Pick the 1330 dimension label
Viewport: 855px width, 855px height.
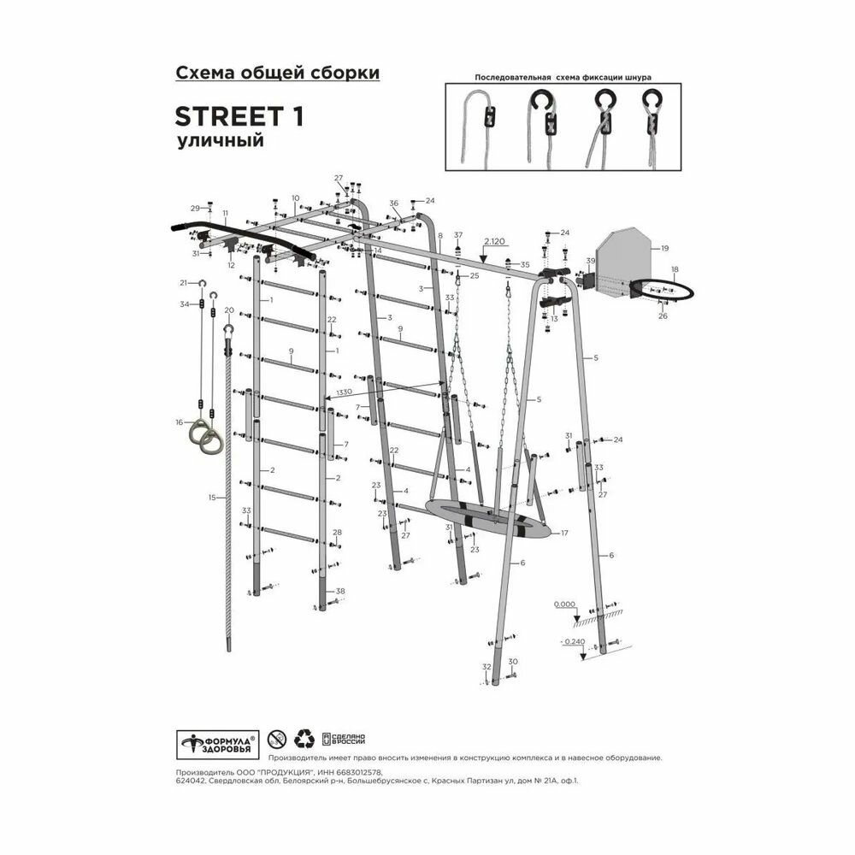pyautogui.click(x=345, y=392)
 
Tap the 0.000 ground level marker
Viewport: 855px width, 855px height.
pyautogui.click(x=564, y=604)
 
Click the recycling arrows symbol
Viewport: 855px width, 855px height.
pyautogui.click(x=304, y=739)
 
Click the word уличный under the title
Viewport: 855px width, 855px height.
pyautogui.click(x=219, y=141)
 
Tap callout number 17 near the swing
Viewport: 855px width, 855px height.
pyautogui.click(x=564, y=533)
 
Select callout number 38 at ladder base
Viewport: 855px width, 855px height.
pyautogui.click(x=340, y=592)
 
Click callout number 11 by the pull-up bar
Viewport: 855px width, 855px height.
pyautogui.click(x=225, y=213)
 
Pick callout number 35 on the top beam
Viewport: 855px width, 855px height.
pyautogui.click(x=525, y=265)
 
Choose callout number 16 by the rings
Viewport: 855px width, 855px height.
pyautogui.click(x=180, y=422)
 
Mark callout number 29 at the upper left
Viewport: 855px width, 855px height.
pyautogui.click(x=194, y=208)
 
